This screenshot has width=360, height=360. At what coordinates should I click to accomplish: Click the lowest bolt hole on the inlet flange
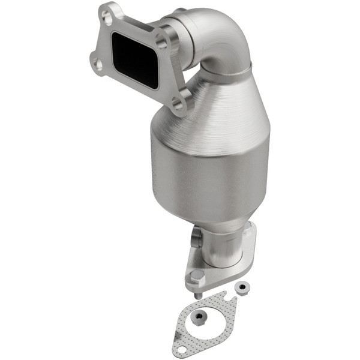[x=178, y=104]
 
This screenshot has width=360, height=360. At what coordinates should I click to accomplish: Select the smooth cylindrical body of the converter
[x=207, y=180]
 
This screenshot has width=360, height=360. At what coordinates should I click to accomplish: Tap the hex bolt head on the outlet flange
[x=195, y=278]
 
